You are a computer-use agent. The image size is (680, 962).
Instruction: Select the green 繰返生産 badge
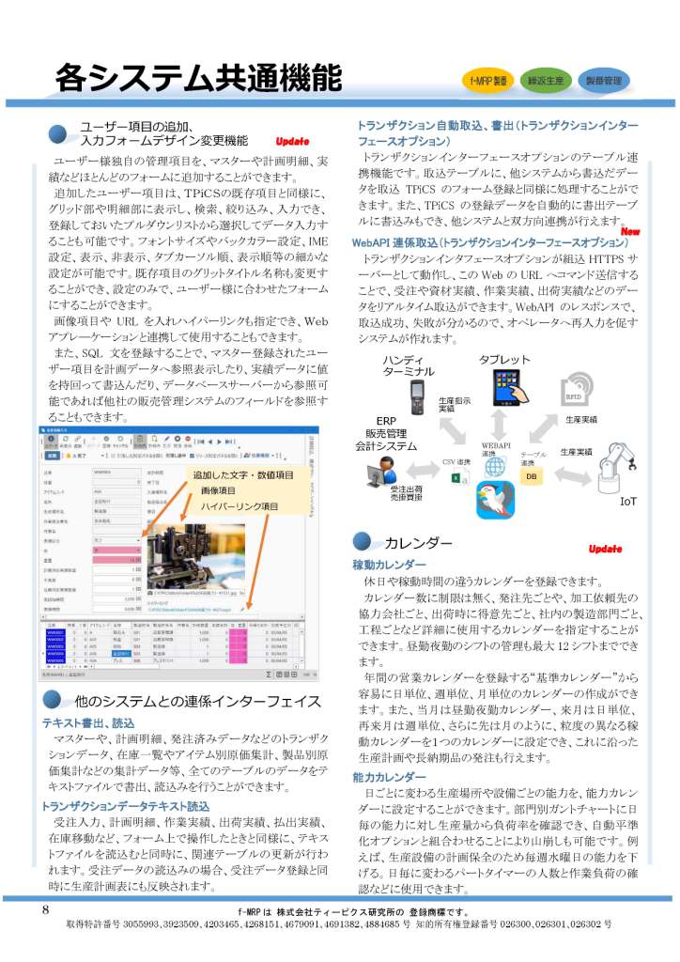(x=545, y=81)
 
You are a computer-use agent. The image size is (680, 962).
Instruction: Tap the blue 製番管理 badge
(x=602, y=81)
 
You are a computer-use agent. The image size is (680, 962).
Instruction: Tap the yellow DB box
(x=531, y=476)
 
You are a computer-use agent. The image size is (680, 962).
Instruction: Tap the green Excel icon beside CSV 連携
(x=456, y=478)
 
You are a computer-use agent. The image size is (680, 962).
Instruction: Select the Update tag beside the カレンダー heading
(x=605, y=548)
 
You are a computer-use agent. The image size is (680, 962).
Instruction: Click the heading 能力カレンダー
(x=388, y=777)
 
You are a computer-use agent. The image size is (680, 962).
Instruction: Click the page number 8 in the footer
(x=45, y=909)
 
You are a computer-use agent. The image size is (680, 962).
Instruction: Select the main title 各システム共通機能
(x=197, y=76)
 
